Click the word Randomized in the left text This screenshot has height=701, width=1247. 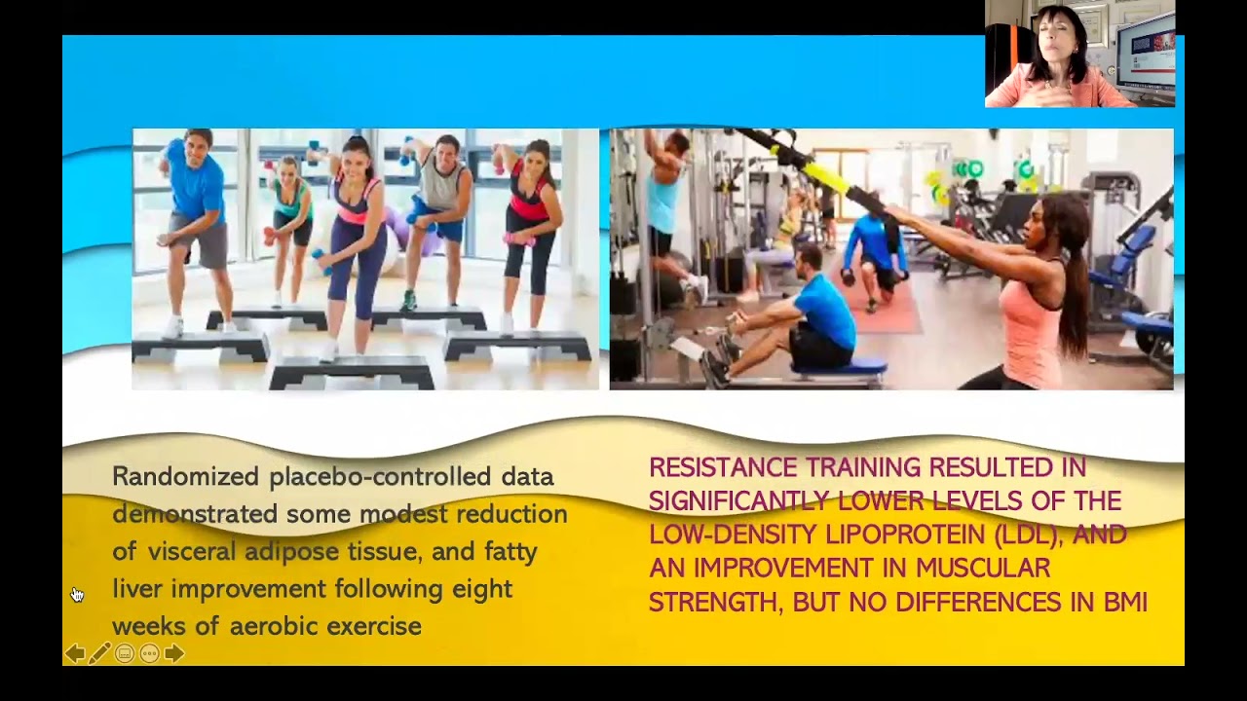pyautogui.click(x=186, y=476)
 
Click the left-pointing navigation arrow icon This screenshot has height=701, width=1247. pyautogui.click(x=74, y=653)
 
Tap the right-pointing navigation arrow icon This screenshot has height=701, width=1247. pyautogui.click(x=174, y=653)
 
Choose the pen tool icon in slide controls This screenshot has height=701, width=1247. pyautogui.click(x=98, y=653)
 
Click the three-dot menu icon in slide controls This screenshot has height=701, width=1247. pyautogui.click(x=149, y=653)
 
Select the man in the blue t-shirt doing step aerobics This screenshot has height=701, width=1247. pyautogui.click(x=198, y=214)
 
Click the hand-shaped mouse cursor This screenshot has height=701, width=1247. pyautogui.click(x=77, y=595)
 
